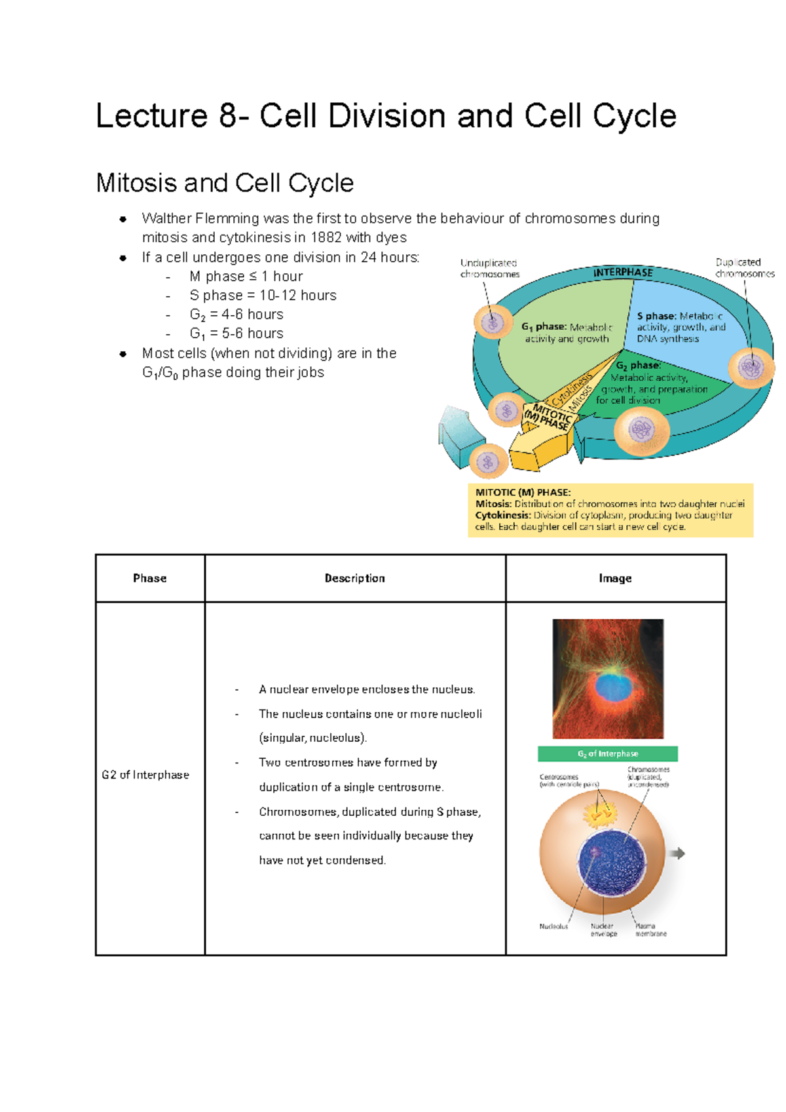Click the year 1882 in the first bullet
pos(326,238)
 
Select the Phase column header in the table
pos(149,578)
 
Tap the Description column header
pos(354,578)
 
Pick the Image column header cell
pos(614,578)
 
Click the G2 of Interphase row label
pos(145,775)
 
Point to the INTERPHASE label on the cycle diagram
pos(623,273)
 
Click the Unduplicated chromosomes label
pos(489,269)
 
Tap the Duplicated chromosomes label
pos(744,268)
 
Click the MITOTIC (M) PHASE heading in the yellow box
pos(523,493)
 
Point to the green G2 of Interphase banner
pos(607,754)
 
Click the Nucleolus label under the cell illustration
pos(553,927)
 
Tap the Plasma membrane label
pos(650,930)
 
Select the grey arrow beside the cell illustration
pos(677,853)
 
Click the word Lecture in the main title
pos(151,117)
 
